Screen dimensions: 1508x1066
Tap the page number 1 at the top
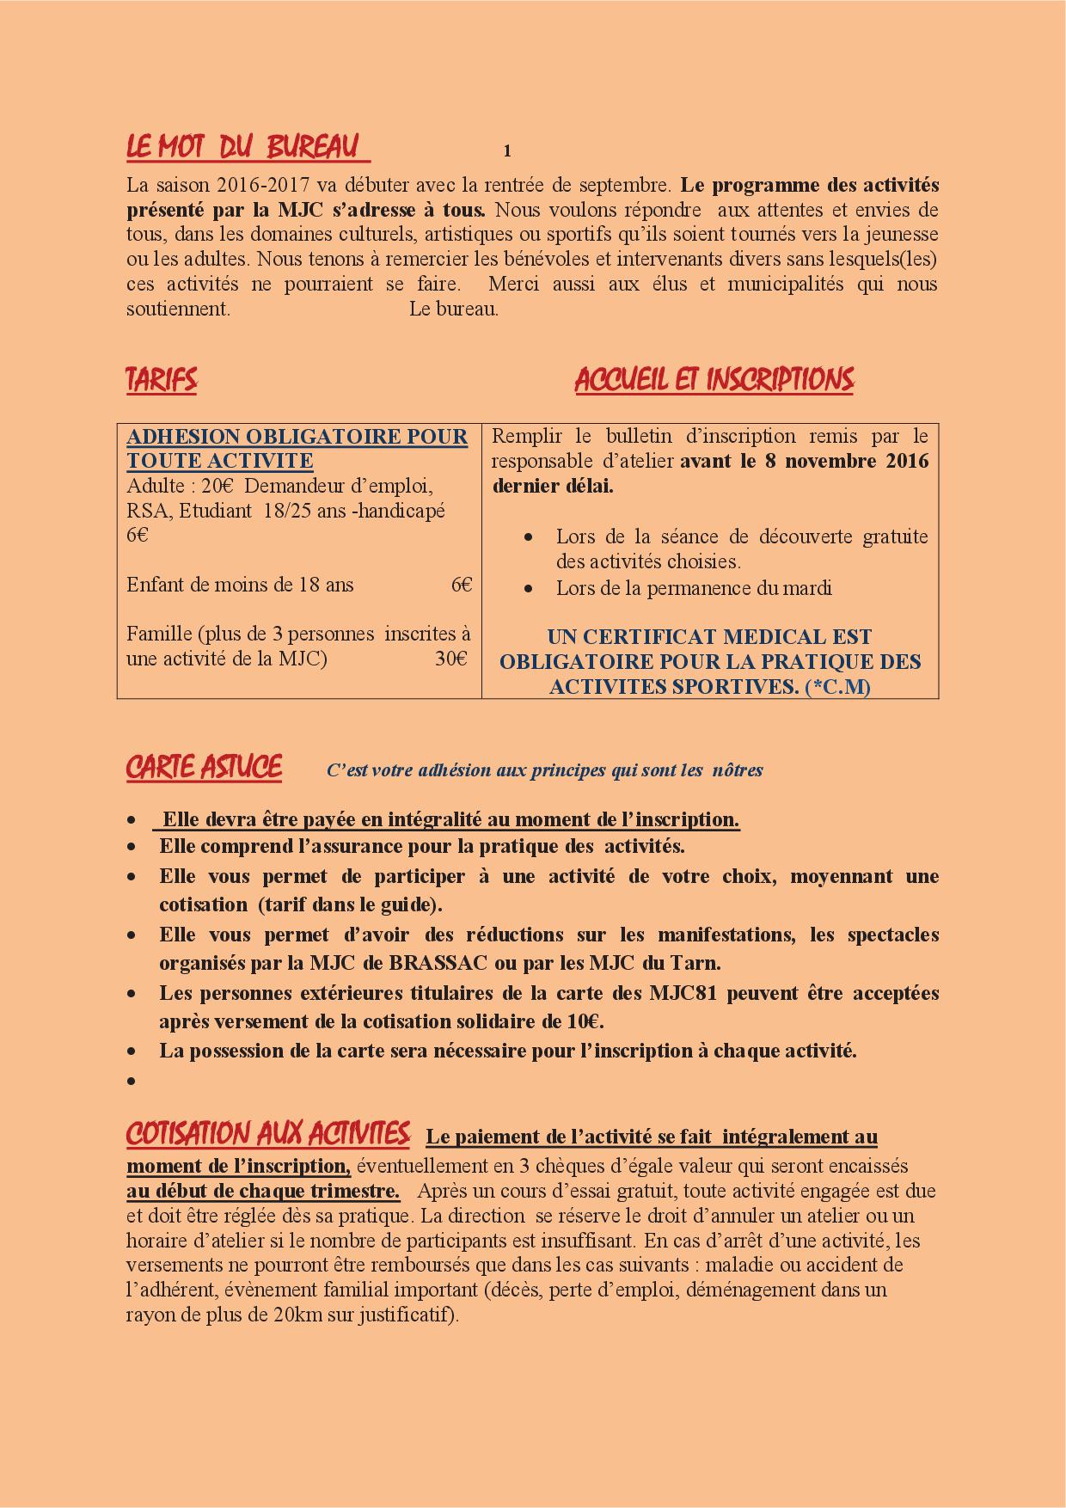507,151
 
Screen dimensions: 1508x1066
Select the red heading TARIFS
162,379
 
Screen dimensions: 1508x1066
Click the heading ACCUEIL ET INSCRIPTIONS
714,379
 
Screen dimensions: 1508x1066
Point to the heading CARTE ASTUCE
204,767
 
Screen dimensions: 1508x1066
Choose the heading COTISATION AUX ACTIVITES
267,1134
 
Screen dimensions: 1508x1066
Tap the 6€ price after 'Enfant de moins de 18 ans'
461,585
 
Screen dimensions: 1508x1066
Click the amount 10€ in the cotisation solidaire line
584,1021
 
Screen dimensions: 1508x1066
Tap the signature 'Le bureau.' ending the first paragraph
453,309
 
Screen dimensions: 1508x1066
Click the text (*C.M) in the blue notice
837,687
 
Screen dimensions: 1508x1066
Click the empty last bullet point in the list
131,1081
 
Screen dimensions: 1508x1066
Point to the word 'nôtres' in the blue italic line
738,770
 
